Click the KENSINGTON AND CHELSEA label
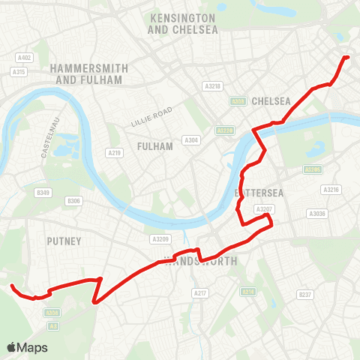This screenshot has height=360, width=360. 182,23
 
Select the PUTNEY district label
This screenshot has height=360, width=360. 63,241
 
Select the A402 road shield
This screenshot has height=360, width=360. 24,58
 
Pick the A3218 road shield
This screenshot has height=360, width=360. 213,86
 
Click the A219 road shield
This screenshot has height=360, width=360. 115,153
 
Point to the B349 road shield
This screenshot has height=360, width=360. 43,193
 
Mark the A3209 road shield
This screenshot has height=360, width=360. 160,239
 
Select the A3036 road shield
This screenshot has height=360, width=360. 317,214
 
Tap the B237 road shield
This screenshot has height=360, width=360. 304,295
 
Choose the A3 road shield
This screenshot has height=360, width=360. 53,325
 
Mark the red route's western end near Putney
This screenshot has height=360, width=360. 12,285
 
